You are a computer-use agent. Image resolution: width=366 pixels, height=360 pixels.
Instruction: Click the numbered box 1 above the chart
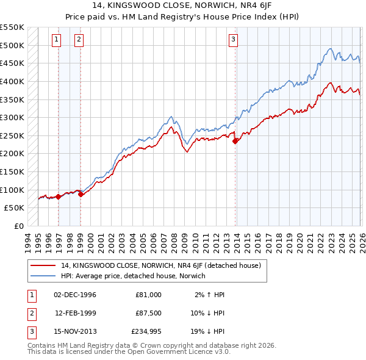point(56,40)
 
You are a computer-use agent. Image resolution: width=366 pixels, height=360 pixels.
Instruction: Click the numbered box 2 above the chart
point(79,40)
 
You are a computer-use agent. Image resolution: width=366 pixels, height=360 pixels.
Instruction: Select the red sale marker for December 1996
point(58,196)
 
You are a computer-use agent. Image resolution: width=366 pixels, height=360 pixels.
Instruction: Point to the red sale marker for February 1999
point(81,194)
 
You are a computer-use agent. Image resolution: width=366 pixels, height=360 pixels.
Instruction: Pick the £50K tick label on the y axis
point(15,207)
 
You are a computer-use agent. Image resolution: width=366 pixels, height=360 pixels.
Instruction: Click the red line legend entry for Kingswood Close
point(160,265)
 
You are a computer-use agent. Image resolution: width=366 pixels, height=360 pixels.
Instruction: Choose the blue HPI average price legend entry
point(133,276)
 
